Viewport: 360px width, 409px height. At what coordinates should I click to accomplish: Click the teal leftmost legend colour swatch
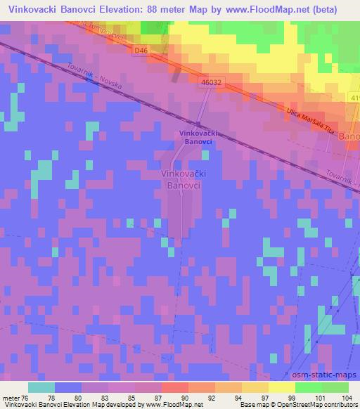(x=41, y=387)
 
